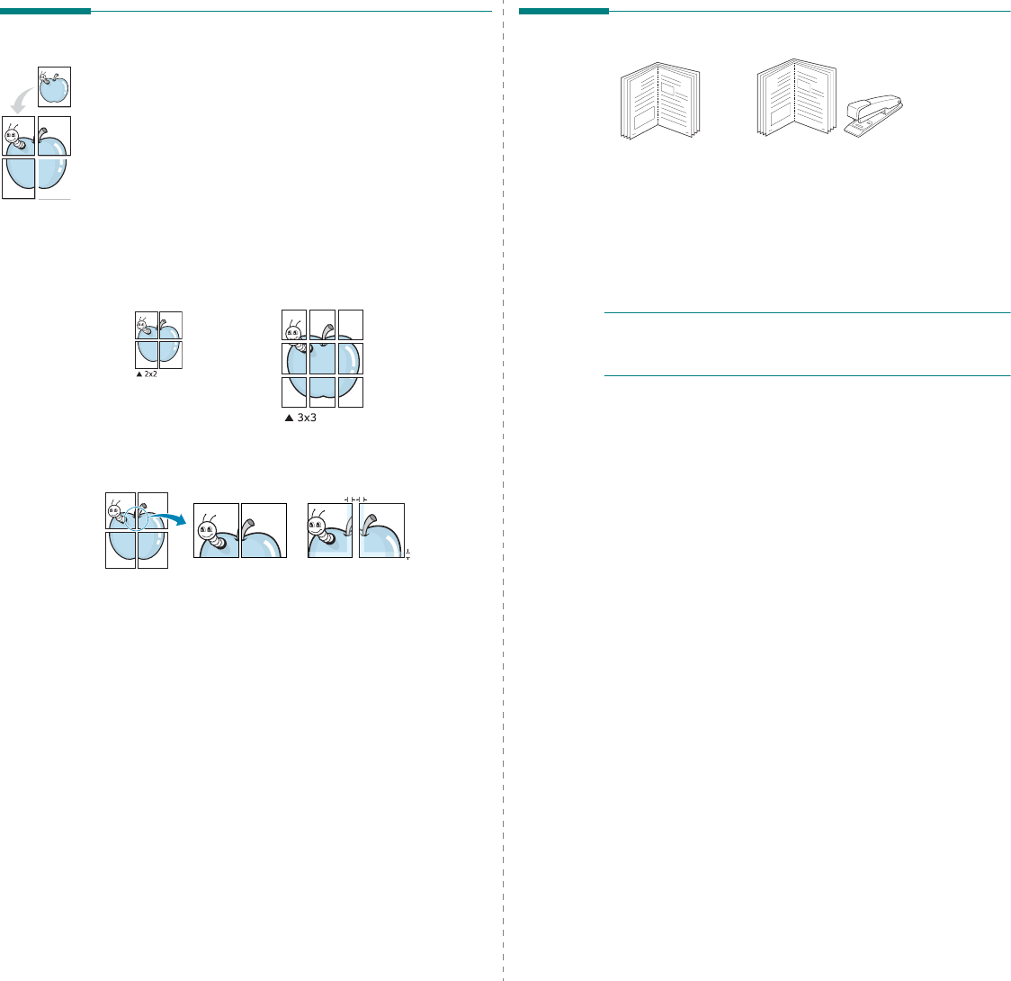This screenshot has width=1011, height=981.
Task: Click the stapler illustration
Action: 874,114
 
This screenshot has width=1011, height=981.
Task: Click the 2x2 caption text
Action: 150,373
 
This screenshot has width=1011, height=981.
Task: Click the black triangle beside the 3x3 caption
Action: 288,418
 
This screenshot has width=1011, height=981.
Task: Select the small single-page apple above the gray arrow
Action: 54,86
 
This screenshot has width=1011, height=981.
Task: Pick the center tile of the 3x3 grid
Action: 322,358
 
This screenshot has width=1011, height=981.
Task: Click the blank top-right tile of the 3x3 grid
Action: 351,324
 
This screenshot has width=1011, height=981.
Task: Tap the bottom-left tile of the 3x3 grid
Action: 294,392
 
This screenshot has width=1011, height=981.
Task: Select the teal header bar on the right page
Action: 563,12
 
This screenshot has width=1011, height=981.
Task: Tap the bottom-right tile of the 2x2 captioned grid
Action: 171,355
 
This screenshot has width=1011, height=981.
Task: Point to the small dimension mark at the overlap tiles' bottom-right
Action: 407,553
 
